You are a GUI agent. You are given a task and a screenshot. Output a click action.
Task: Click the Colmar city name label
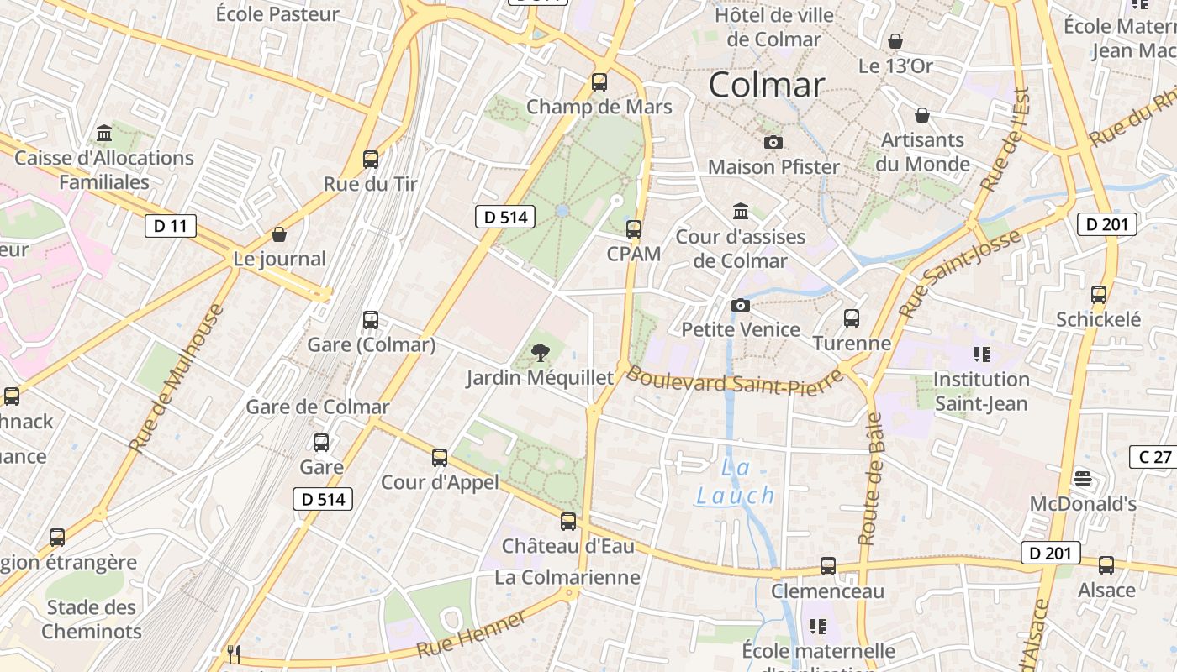[x=767, y=85]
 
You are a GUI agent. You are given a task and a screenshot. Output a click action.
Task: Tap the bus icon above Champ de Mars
[x=599, y=82]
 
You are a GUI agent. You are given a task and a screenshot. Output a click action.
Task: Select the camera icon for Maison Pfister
[x=773, y=143]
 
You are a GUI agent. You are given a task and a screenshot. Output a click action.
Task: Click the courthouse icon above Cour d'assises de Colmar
[x=741, y=211]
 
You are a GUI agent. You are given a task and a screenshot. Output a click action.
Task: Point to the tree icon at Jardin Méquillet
[x=541, y=353]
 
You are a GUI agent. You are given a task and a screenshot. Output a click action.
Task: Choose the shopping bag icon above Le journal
[x=279, y=234]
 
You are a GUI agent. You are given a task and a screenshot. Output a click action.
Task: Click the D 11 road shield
[x=171, y=225]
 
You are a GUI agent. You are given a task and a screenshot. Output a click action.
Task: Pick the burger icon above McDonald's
[x=1083, y=479]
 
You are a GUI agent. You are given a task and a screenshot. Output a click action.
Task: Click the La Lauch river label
[x=735, y=482]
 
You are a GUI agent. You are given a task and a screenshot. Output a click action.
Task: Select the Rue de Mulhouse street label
[x=177, y=377]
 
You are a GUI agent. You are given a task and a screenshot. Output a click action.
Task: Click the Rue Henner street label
[x=471, y=634]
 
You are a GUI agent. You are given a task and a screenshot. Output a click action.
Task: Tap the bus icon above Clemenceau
[x=828, y=566]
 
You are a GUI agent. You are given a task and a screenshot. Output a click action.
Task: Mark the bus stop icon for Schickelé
[x=1099, y=295]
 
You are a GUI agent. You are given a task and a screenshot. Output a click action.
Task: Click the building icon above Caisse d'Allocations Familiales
[x=104, y=134]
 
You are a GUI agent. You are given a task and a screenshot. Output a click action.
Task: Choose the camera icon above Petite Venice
[x=741, y=305]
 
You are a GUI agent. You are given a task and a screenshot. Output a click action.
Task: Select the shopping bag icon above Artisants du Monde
[x=922, y=115]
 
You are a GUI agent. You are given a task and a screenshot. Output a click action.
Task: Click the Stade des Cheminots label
[x=92, y=619]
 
